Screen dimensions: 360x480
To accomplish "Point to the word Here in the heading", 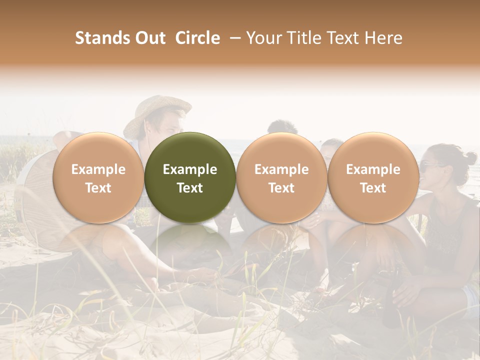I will coord(383,38).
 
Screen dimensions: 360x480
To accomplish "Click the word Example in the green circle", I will coord(190,169).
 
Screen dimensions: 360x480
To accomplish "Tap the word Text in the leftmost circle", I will coord(98,188).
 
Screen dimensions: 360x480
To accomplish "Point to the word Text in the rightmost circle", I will coord(373,188).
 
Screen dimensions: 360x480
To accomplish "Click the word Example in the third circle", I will coord(281,169).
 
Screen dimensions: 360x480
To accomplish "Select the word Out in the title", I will coord(149,38).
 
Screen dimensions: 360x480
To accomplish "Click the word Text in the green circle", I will coord(190,188).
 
